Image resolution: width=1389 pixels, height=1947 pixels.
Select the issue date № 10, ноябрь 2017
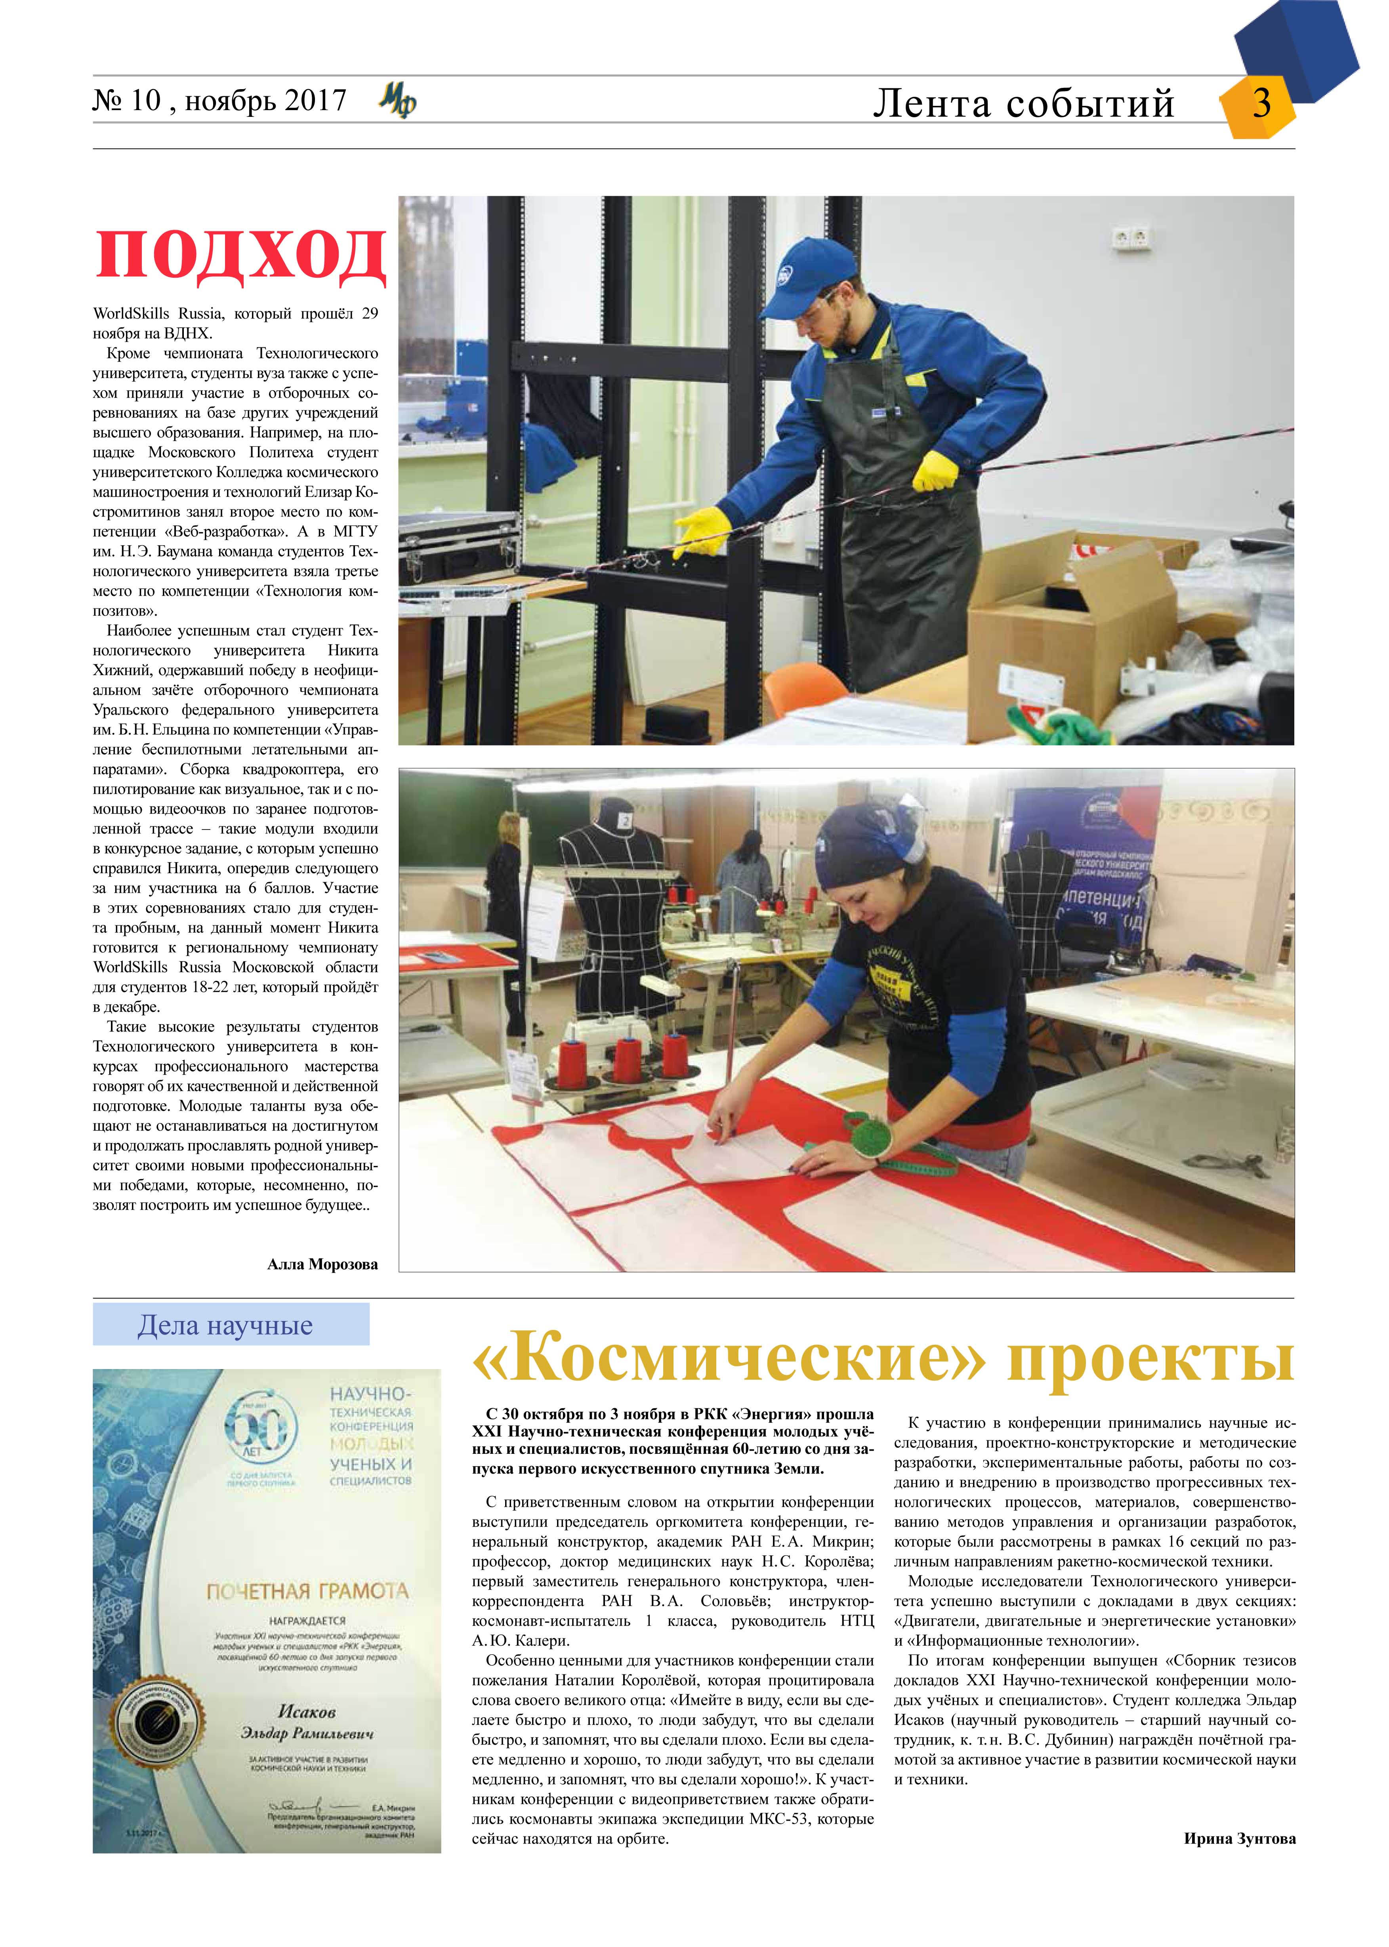219,101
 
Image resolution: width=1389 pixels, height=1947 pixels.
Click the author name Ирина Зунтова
1239,1838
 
